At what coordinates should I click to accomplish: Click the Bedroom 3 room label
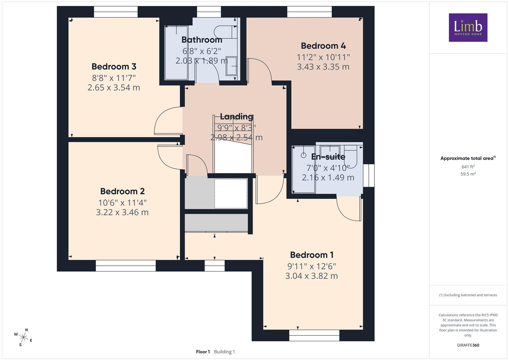[x=114, y=67]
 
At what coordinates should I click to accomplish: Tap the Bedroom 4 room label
[x=323, y=46]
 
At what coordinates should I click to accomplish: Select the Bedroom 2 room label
[x=122, y=191]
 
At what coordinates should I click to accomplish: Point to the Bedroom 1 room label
[x=312, y=255]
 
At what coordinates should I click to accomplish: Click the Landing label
[x=237, y=116]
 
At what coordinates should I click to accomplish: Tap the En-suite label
[x=328, y=157]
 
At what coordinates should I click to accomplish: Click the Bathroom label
[x=202, y=40]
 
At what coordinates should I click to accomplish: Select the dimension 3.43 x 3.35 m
[x=323, y=67]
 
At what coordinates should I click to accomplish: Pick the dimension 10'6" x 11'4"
[x=122, y=203]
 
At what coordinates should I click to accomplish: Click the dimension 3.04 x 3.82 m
[x=312, y=276]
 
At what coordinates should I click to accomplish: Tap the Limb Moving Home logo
[x=468, y=27]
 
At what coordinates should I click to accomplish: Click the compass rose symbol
[x=23, y=337]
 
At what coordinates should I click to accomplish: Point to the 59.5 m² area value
[x=468, y=174]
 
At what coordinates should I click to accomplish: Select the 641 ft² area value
[x=468, y=167]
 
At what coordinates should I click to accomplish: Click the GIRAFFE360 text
[x=468, y=345]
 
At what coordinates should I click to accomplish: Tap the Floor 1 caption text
[x=203, y=352]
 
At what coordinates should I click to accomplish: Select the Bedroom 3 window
[x=116, y=12]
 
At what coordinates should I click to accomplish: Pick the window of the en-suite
[x=369, y=175]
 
